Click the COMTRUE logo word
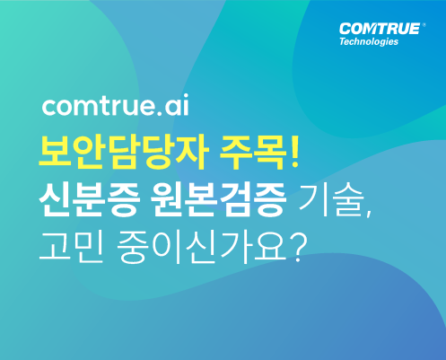point(380,29)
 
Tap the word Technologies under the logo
point(369,41)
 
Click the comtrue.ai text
point(116,105)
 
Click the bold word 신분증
point(90,198)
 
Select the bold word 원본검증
point(218,198)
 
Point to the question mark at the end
point(297,247)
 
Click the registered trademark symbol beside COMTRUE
point(424,25)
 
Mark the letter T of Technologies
point(343,41)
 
